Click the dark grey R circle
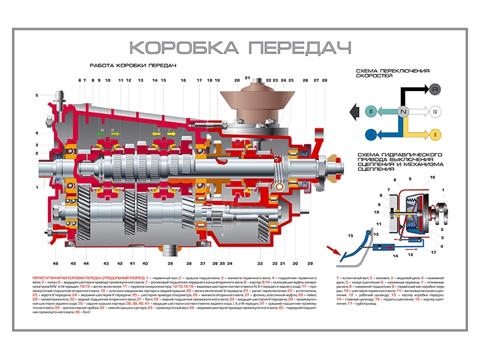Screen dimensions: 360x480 (x=434, y=89)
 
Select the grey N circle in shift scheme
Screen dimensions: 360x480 (x=403, y=112)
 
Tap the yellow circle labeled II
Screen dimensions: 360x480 (x=434, y=133)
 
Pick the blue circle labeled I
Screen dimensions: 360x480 (x=372, y=133)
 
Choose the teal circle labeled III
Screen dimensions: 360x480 (x=372, y=112)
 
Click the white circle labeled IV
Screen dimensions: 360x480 (x=434, y=112)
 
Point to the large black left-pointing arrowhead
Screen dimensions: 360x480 (x=354, y=112)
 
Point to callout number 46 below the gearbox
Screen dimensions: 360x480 (x=55, y=263)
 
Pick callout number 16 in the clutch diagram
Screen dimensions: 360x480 (x=432, y=178)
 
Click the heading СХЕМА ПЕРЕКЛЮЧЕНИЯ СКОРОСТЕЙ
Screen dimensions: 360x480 (x=392, y=73)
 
